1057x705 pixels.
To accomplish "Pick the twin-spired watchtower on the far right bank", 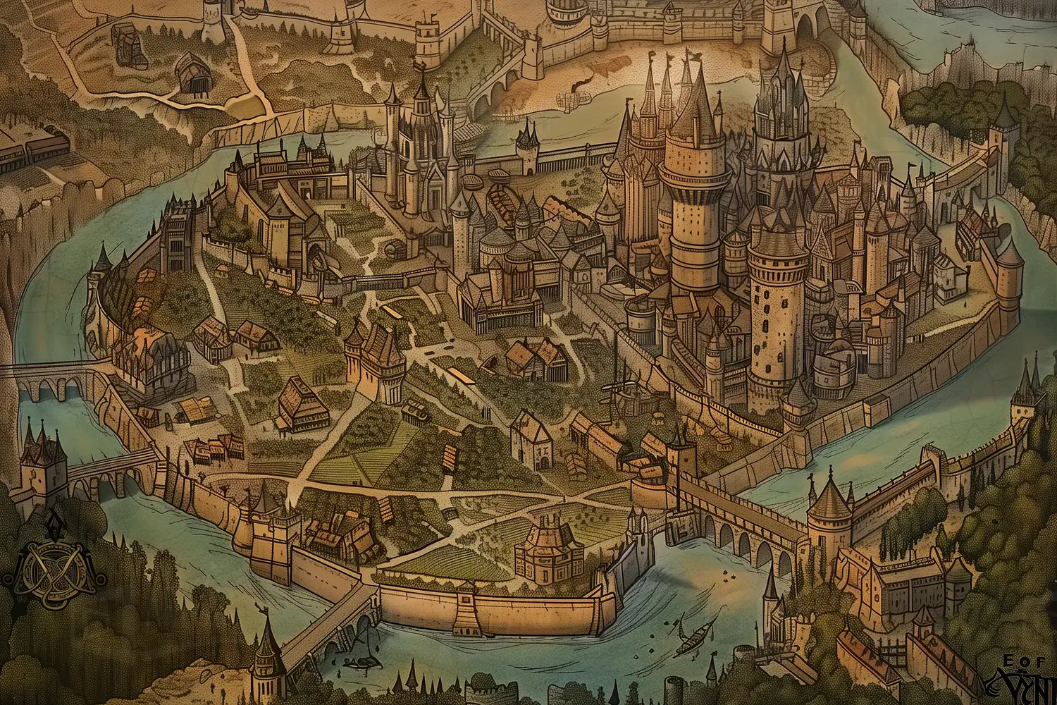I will click(x=1027, y=402).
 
